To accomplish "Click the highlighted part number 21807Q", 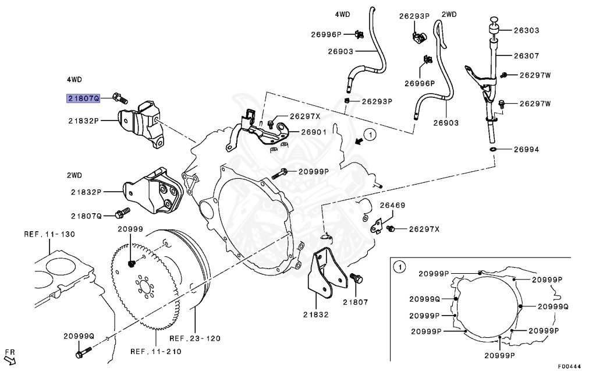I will tap(83, 99).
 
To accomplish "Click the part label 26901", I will tap(315, 133).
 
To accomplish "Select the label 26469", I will tap(393, 206).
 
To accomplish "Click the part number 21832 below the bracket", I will tap(316, 315).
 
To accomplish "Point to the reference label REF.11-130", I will tap(49, 234).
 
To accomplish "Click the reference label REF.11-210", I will tap(155, 351).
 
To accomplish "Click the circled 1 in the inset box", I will tap(399, 267).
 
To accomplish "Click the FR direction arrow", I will tap(10, 359).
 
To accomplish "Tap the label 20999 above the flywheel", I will tap(130, 229).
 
